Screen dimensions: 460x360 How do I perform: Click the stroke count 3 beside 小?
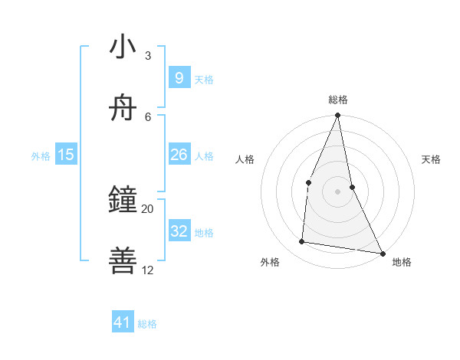pyautogui.click(x=148, y=56)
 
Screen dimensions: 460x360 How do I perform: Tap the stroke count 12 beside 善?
pyautogui.click(x=148, y=270)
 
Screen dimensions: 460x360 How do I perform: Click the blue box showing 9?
pyautogui.click(x=179, y=77)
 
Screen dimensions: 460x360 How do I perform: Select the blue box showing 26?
pyautogui.click(x=179, y=155)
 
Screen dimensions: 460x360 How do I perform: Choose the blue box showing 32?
pyautogui.click(x=179, y=231)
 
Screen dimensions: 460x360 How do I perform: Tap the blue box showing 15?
pyautogui.click(x=66, y=155)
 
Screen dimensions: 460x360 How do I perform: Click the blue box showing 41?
pyautogui.click(x=123, y=322)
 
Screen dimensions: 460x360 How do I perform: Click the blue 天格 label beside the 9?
pyautogui.click(x=204, y=80)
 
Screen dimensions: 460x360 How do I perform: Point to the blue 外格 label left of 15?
pyautogui.click(x=41, y=156)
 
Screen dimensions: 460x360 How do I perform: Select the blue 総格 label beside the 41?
pyautogui.click(x=147, y=324)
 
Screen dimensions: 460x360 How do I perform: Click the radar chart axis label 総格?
pyautogui.click(x=338, y=100)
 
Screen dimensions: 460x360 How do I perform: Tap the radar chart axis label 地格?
pyautogui.click(x=402, y=263)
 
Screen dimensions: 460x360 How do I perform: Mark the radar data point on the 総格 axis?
pyautogui.click(x=337, y=116)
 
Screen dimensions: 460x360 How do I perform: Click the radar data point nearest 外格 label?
pyautogui.click(x=302, y=242)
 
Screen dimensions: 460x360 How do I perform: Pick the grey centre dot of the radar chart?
pyautogui.click(x=337, y=191)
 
